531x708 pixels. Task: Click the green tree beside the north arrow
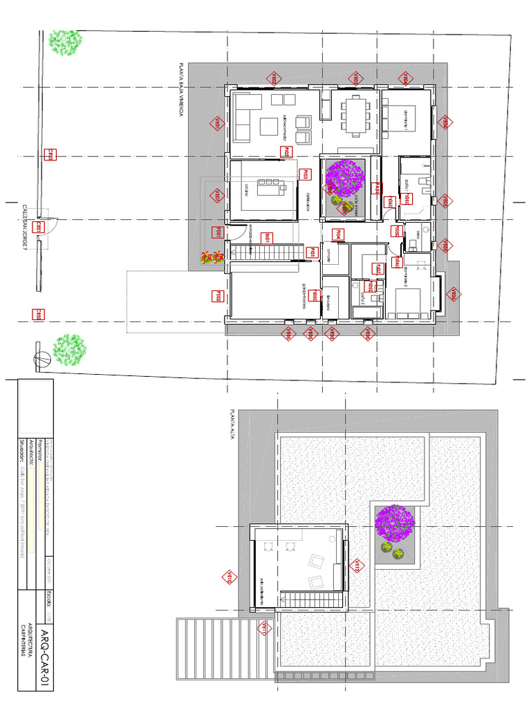(x=69, y=349)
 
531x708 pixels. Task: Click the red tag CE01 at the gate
(x=40, y=227)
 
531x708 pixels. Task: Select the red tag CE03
(x=40, y=315)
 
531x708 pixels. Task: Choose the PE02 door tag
(x=216, y=297)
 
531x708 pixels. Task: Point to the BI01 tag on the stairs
(x=268, y=238)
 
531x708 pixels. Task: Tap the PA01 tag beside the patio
(x=378, y=188)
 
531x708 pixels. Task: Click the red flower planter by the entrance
(x=210, y=257)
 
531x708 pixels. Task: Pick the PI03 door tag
(x=302, y=176)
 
